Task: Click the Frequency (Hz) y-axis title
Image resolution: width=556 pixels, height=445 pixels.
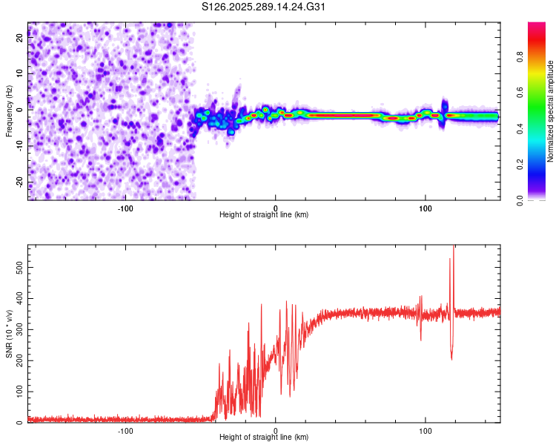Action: (9, 111)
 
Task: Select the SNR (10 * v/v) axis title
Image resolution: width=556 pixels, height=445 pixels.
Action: (9, 334)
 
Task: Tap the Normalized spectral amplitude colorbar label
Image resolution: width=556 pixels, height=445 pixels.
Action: (551, 111)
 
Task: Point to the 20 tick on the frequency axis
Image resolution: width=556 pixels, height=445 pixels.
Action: (21, 39)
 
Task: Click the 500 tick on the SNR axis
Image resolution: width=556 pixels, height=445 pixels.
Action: (18, 266)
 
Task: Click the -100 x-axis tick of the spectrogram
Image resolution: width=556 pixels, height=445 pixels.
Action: (125, 207)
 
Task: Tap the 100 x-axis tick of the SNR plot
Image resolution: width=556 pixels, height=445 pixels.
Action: (426, 429)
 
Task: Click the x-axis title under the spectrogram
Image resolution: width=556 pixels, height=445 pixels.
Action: (264, 215)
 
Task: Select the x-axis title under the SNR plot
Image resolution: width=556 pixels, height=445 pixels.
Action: (264, 438)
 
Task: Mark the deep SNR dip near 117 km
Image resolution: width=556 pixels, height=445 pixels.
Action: (451, 358)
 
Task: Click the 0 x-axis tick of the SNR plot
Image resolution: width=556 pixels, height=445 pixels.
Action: (276, 429)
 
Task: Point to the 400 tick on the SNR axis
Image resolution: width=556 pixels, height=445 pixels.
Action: (18, 297)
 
